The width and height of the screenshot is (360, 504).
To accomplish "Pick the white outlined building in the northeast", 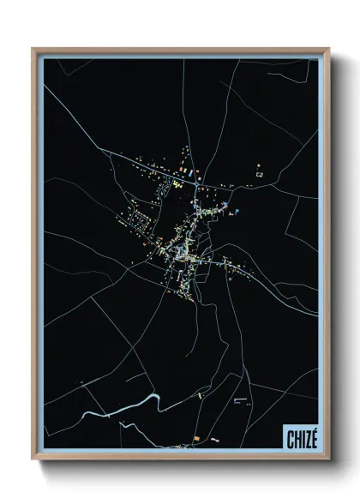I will click(260, 175).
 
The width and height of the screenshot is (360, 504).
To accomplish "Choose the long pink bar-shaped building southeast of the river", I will click(239, 399).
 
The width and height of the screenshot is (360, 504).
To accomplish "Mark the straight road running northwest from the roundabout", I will click(146, 163).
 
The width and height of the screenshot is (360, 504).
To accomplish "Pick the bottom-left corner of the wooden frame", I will click(34, 458).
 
